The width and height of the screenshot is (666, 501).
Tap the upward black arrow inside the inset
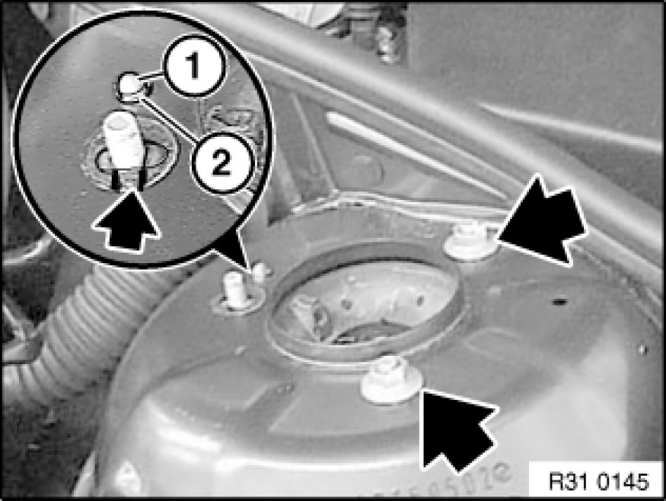[126, 219]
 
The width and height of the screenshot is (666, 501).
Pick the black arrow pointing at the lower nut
[460, 430]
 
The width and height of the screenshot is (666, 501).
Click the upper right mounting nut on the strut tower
[470, 243]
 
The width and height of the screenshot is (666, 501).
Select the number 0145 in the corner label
[623, 482]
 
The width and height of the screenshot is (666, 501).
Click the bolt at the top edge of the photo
[387, 41]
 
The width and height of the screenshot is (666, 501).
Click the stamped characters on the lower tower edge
[446, 484]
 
